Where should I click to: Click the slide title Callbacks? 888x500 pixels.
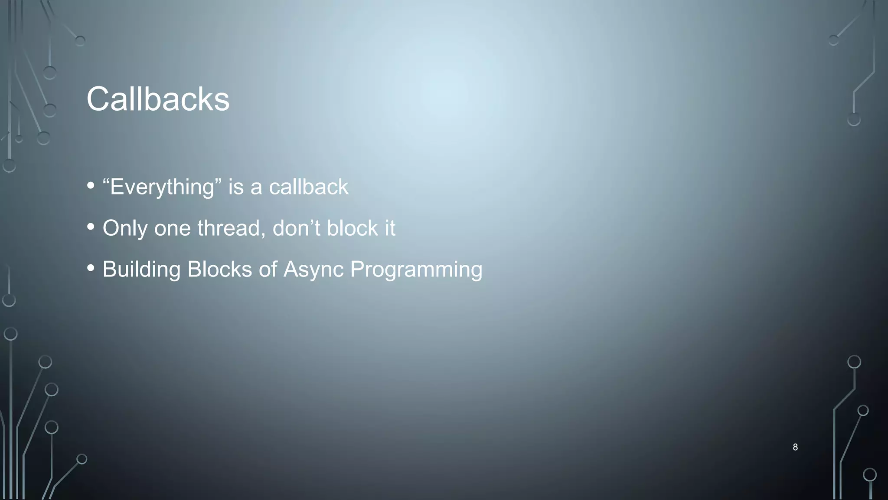tap(158, 99)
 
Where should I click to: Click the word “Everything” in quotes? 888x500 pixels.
tap(162, 187)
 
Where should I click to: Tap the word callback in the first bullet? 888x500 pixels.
tap(308, 187)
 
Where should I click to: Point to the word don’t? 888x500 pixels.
tap(296, 228)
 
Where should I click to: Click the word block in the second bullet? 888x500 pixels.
tap(352, 228)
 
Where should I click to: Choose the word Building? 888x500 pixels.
tap(141, 270)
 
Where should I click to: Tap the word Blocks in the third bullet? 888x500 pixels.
tap(219, 269)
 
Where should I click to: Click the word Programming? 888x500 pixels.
tap(416, 270)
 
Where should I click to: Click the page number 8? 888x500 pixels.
tap(795, 447)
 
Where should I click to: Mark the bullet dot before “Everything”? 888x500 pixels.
tap(91, 186)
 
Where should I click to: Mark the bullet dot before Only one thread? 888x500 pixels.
tap(91, 227)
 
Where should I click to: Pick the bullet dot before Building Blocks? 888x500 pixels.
tap(91, 268)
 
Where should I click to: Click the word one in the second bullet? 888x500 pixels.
tap(172, 229)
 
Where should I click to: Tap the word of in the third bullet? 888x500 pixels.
tap(268, 269)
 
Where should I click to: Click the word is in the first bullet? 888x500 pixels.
tap(236, 187)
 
